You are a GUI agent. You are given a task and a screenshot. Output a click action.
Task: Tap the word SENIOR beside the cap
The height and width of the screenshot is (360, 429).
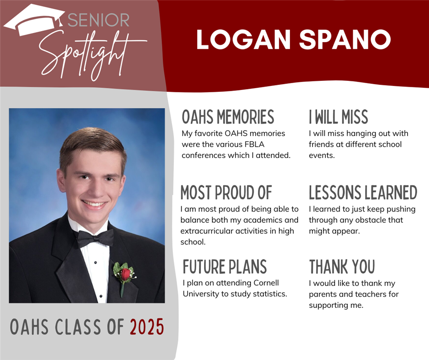(99, 20)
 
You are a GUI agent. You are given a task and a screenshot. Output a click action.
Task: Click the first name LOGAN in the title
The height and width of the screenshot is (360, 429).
(243, 39)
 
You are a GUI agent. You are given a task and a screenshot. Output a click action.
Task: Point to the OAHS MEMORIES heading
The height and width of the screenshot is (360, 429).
(228, 117)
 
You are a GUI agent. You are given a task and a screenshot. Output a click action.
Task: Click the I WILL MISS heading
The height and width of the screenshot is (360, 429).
(339, 117)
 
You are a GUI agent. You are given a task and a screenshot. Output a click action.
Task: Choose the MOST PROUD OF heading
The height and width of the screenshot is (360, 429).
(226, 193)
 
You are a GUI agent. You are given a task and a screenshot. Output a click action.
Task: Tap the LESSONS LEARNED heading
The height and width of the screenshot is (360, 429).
(363, 193)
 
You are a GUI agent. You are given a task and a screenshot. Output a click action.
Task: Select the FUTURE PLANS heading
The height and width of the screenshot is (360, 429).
(225, 267)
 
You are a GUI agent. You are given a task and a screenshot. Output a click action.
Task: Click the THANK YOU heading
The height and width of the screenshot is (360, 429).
(342, 267)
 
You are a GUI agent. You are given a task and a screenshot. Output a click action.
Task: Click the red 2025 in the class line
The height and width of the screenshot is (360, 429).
(147, 327)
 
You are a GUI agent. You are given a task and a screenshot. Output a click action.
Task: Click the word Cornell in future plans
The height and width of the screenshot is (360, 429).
(266, 283)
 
